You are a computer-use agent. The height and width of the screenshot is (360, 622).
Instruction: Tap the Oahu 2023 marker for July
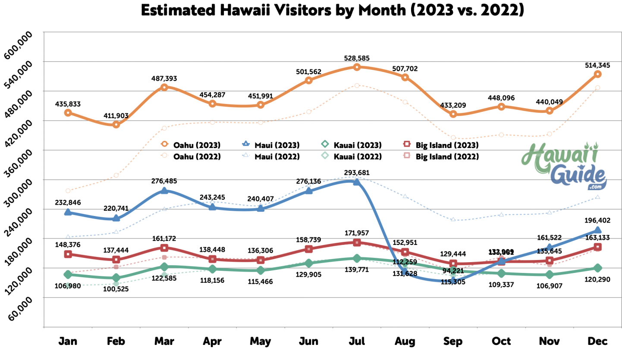pos(357,67)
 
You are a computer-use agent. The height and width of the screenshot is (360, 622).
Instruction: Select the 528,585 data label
pos(357,58)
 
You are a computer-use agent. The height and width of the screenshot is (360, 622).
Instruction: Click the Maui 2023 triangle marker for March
pos(164,191)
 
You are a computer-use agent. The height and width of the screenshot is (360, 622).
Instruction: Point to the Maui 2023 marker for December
pos(597,230)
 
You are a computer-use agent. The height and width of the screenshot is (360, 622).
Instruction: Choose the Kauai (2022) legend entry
pos(353,156)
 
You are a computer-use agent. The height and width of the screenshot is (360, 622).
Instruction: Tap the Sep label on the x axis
pos(453,341)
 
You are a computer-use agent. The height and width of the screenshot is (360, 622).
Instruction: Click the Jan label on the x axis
pos(68,341)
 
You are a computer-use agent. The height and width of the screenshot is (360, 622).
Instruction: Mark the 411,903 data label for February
pos(116,116)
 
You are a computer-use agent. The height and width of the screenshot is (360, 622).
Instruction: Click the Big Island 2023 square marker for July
pos(357,242)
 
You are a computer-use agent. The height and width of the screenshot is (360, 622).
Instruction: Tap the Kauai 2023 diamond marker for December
pos(597,268)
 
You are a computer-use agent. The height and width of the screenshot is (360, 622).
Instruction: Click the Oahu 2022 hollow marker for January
pos(68,191)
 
